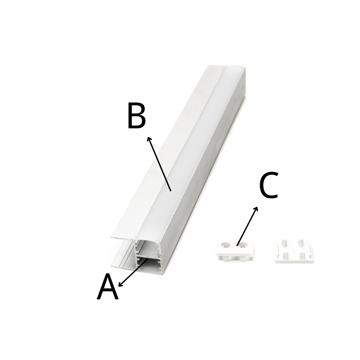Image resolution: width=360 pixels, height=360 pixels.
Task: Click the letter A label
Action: point(108,287)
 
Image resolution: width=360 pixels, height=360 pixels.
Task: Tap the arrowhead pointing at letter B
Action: point(149,139)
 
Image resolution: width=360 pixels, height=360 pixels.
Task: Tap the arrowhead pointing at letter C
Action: point(256,209)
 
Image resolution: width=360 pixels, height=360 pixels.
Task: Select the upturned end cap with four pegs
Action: point(294,251)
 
